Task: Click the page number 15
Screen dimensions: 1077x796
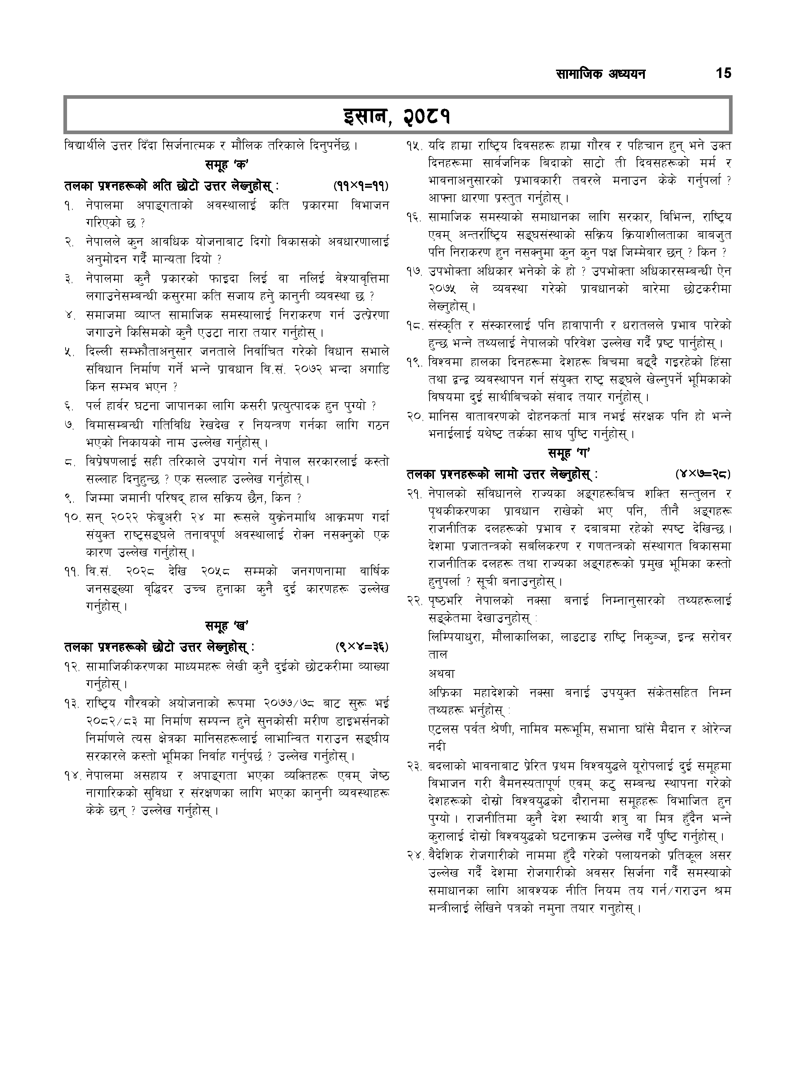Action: pyautogui.click(x=723, y=73)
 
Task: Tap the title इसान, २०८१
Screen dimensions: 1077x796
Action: pyautogui.click(x=397, y=115)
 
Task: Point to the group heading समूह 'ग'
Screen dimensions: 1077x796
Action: pyautogui.click(x=569, y=453)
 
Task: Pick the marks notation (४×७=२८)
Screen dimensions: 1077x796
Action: pyautogui.click(x=703, y=475)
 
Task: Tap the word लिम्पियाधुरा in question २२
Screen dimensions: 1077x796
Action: pyautogui.click(x=456, y=637)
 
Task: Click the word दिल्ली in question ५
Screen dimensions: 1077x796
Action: pyautogui.click(x=100, y=351)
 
